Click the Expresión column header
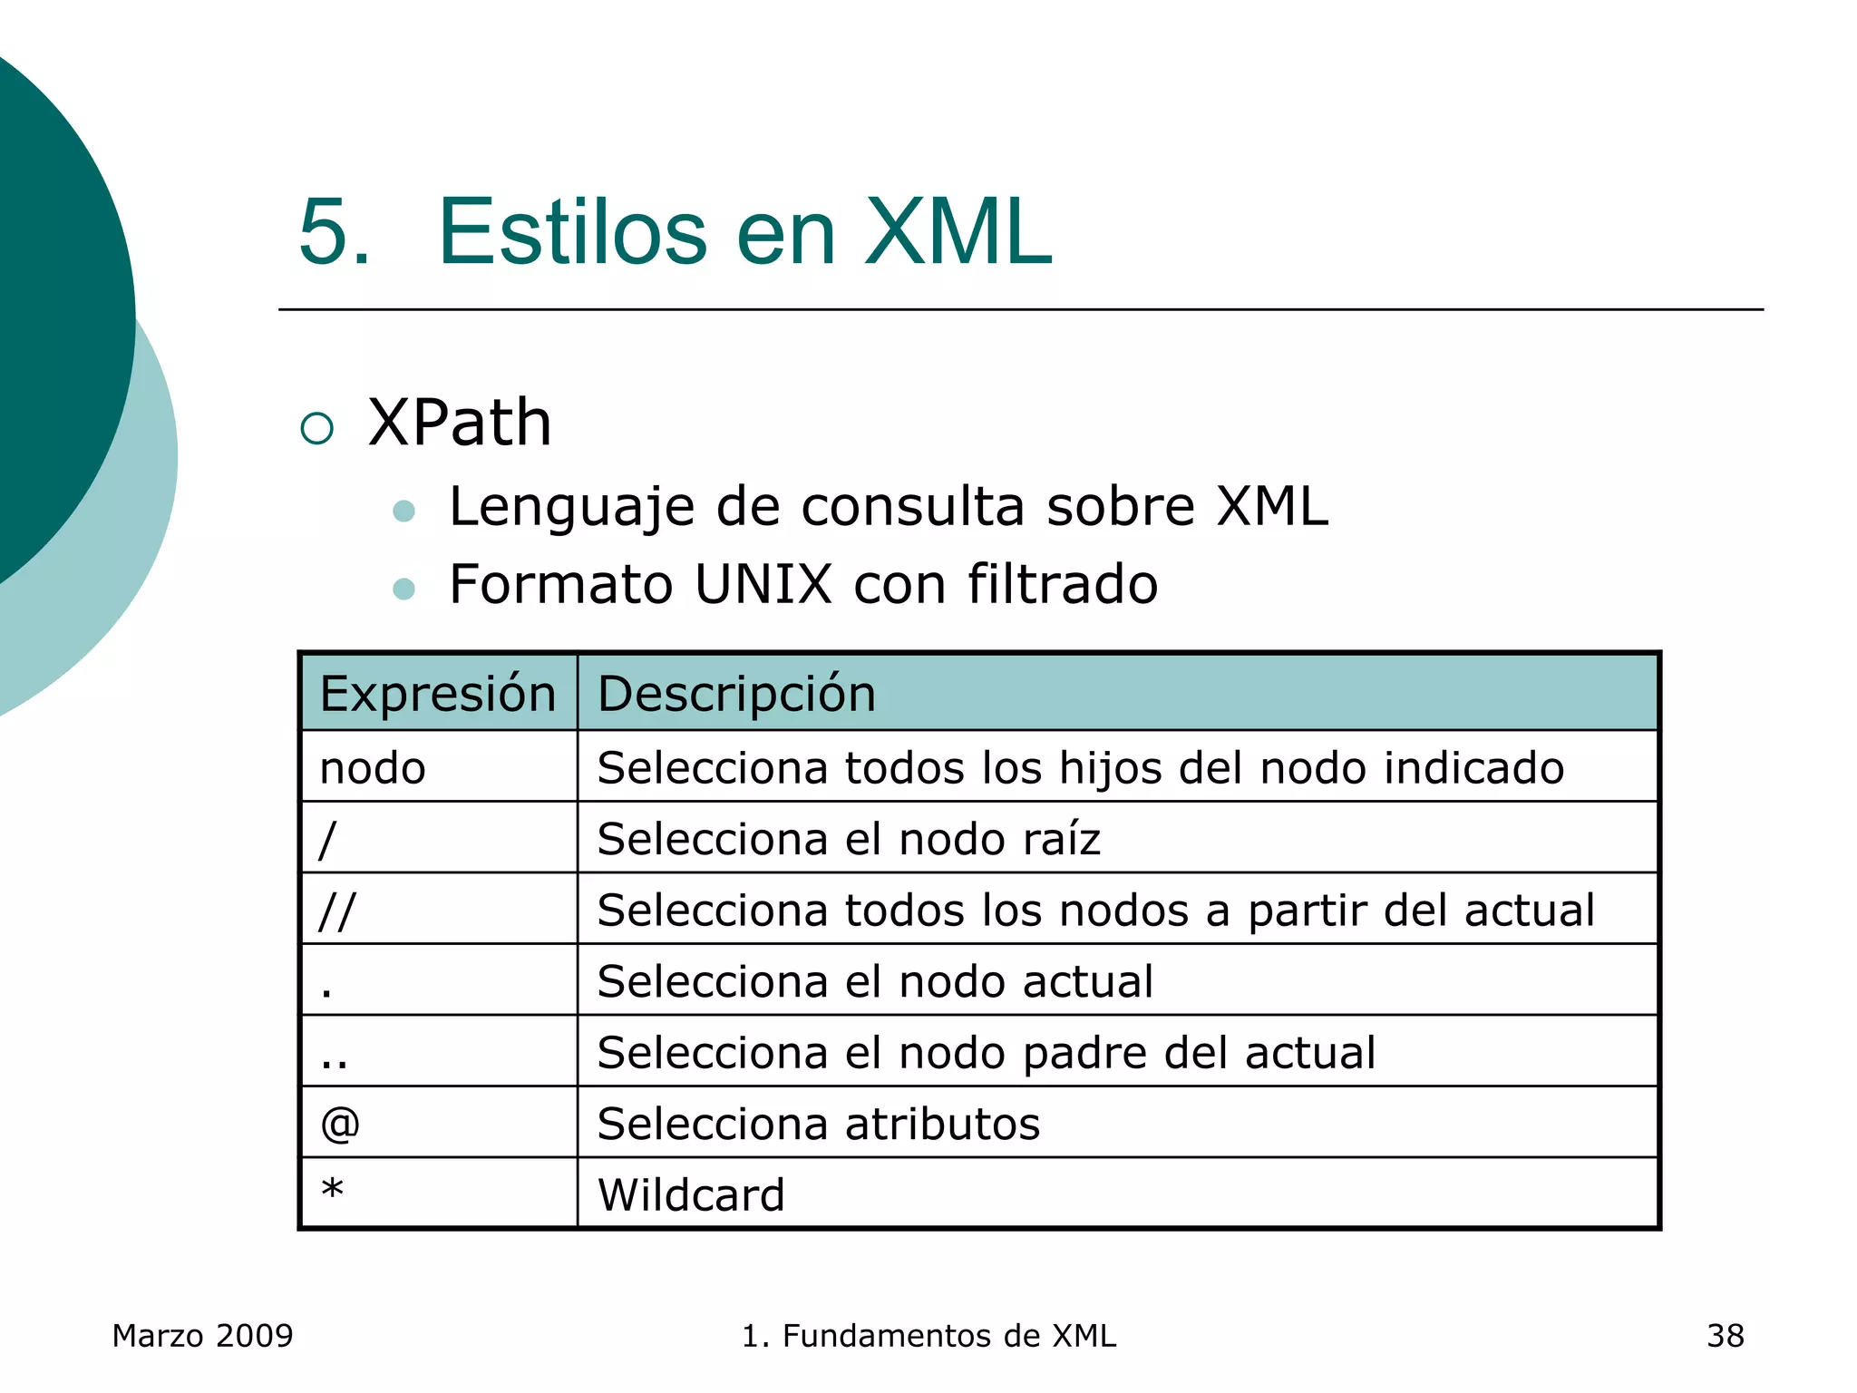pos(438,694)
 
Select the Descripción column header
pos(736,694)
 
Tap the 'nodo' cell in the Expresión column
pos(373,768)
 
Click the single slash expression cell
pos(328,839)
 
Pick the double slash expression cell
pos(337,910)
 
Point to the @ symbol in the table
pos(340,1124)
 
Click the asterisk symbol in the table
pos(333,1189)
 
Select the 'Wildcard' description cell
pos(691,1194)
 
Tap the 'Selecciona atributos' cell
pos(818,1124)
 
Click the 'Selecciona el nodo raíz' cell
pos(849,839)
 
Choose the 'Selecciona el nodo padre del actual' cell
pos(986,1053)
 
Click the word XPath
pos(460,423)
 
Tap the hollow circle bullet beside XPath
pos(317,428)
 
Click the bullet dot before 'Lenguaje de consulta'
pos(403,511)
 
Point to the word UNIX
pos(763,583)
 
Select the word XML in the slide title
pos(958,232)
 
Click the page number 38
pos(1725,1336)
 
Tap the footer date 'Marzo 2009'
pos(202,1336)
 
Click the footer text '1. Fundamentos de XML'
pos(928,1336)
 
